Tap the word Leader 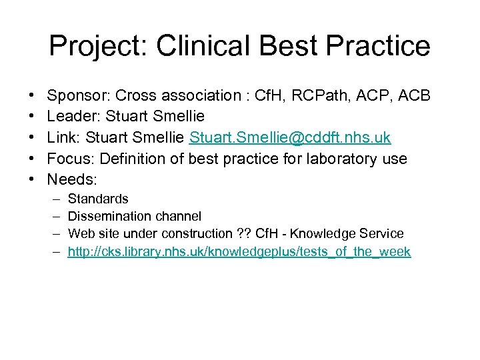(70, 117)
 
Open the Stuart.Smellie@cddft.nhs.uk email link (291, 138)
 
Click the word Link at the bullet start (62, 138)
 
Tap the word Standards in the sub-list (98, 199)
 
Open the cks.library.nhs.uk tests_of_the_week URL (239, 251)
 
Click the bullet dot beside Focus (33, 159)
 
